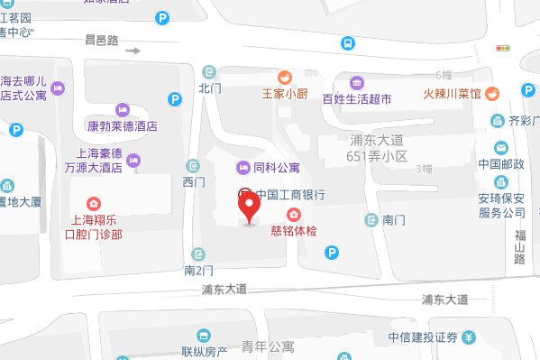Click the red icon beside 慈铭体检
tap(293, 214)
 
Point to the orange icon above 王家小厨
tap(284, 76)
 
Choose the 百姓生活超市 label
tap(357, 99)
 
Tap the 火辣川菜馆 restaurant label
tap(440, 92)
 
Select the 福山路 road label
tap(518, 246)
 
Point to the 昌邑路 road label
tap(102, 40)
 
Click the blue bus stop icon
tap(346, 42)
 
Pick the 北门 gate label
tap(209, 88)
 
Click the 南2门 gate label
tap(198, 269)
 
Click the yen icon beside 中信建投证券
tap(470, 337)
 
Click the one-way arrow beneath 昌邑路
tap(133, 51)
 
